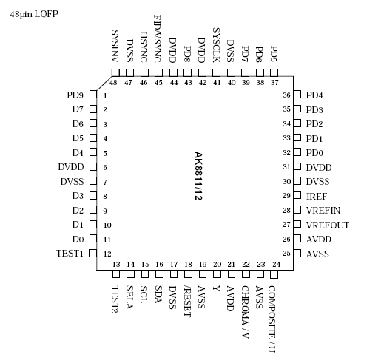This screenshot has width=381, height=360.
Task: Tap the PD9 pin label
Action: pyautogui.click(x=75, y=95)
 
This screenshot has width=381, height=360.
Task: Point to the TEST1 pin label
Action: pyautogui.click(x=70, y=254)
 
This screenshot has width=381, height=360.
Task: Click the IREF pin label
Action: pyautogui.click(x=317, y=196)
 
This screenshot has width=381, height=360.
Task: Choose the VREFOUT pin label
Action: pyautogui.click(x=327, y=225)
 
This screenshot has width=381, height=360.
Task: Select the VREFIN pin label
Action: pyautogui.click(x=323, y=211)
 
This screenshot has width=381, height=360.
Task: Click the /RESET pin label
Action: pyautogui.click(x=187, y=300)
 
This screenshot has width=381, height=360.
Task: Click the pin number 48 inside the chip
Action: pyautogui.click(x=115, y=83)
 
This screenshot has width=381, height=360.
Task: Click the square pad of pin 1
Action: pyautogui.click(x=92, y=95)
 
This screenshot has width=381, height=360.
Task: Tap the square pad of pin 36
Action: pyautogui.click(x=297, y=95)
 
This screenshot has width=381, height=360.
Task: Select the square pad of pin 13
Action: pyautogui.click(x=115, y=274)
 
